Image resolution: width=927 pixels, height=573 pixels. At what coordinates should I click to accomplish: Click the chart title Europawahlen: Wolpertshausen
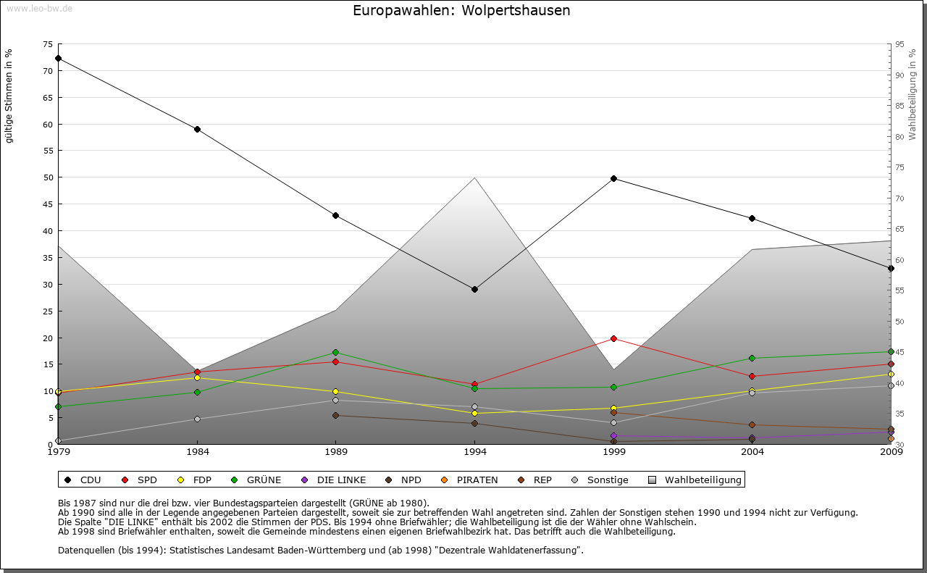461,11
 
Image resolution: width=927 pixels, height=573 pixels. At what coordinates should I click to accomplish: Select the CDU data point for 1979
58,58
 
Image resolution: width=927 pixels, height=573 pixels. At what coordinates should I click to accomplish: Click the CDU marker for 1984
197,129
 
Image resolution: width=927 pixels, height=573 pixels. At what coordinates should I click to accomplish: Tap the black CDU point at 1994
474,289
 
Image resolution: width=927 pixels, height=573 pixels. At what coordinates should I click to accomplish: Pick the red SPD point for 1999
613,338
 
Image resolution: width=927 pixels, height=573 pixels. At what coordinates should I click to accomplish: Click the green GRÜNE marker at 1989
335,352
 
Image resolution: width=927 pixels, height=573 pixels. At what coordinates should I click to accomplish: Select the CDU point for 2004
752,218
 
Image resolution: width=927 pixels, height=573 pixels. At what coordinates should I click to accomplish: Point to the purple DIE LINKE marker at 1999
613,435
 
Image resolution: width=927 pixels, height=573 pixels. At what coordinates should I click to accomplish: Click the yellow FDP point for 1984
197,377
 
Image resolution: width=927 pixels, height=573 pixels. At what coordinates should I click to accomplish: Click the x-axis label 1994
475,453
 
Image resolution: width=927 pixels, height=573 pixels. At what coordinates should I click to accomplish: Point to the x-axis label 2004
752,453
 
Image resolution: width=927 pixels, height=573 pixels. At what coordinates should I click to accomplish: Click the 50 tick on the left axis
48,177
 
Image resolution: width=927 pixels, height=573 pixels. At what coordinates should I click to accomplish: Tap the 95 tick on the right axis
899,44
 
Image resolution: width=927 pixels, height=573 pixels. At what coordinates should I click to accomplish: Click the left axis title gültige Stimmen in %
9,96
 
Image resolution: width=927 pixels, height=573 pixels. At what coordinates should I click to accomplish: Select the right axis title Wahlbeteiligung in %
913,95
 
